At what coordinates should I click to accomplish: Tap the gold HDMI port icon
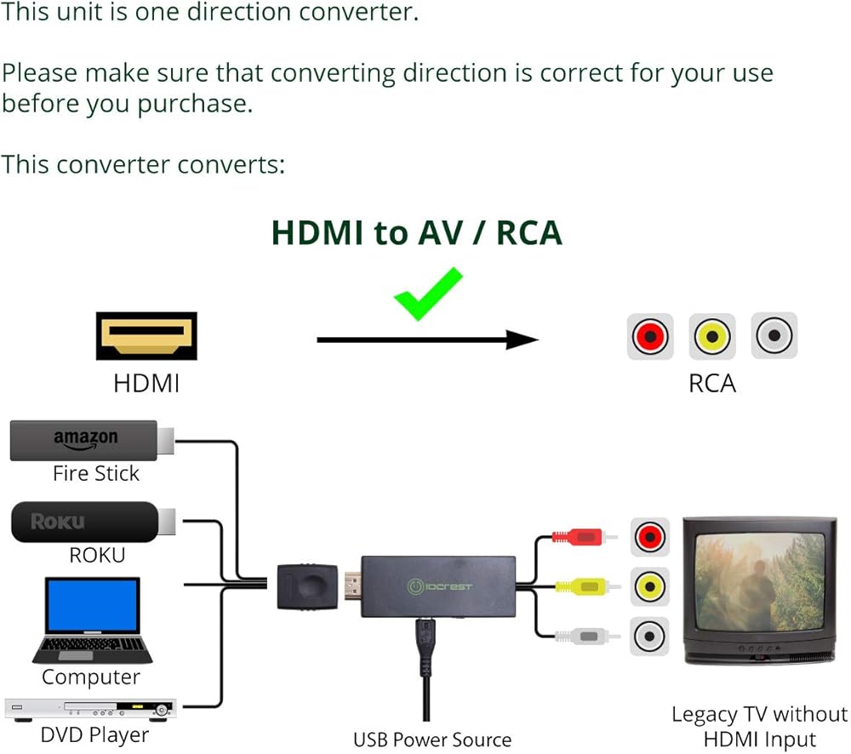146,336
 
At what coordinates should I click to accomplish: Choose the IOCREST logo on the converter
441,586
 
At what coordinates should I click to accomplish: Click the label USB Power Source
432,740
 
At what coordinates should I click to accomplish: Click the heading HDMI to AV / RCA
416,232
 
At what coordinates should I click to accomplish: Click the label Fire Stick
95,474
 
